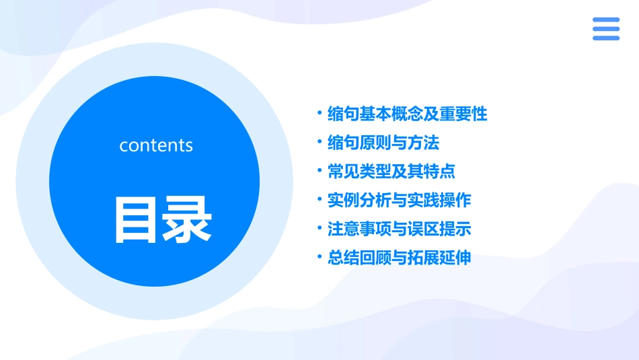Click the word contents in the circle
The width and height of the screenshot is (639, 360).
tap(156, 145)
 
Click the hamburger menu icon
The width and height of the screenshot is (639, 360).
tap(606, 29)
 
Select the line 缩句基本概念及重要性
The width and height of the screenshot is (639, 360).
tap(407, 114)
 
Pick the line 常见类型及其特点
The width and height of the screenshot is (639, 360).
tap(391, 171)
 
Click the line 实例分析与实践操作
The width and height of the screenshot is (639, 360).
tap(399, 200)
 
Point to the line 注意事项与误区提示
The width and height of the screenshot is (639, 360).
tap(399, 229)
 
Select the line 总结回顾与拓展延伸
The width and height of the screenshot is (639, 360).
tap(399, 258)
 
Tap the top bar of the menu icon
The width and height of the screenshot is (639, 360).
tap(606, 20)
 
